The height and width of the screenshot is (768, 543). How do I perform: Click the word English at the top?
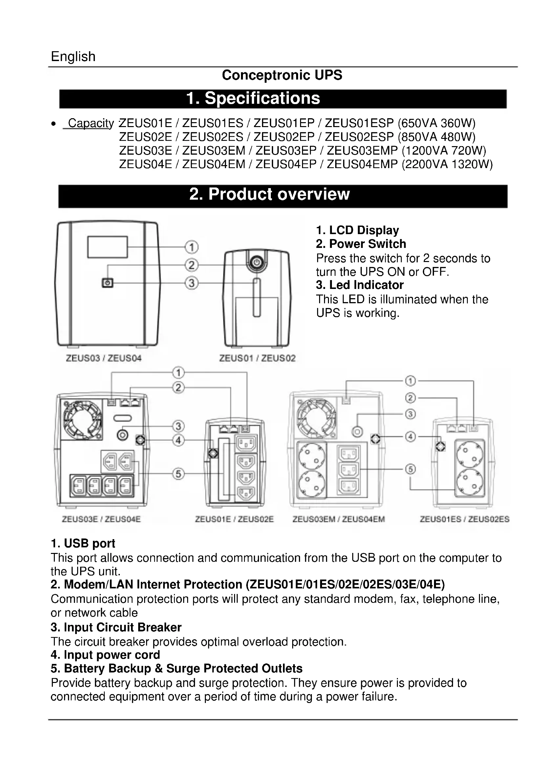pos(73,56)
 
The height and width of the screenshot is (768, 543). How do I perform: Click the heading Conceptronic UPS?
pos(282,75)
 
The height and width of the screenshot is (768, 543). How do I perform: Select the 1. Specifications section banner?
pos(283,99)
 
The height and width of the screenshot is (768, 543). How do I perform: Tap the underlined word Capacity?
pos(91,123)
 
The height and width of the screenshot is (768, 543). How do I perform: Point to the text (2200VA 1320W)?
pos(447,164)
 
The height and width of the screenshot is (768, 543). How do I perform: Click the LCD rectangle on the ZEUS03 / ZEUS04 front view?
pos(107,247)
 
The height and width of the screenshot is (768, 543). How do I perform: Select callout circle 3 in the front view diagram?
pos(192,283)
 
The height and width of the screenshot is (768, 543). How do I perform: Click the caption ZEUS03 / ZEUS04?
pos(104,358)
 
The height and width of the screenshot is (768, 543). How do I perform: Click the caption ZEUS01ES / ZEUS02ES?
pos(465,519)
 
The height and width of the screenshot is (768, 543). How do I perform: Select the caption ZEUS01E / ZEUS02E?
pos(234,519)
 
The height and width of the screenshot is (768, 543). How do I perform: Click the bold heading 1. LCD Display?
pos(358,230)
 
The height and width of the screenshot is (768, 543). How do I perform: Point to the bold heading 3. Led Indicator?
pos(360,285)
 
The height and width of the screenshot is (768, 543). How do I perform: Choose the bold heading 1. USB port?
pos(83,543)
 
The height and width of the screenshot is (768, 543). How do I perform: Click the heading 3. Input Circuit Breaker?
pos(116,627)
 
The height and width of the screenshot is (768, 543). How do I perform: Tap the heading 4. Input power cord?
pos(105,655)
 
